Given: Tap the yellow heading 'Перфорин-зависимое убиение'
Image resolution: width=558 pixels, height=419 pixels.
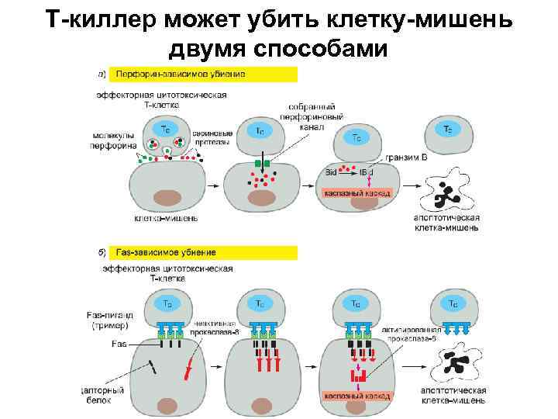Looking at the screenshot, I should [180, 74].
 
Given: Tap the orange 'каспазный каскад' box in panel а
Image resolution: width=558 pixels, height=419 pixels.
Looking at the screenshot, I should [357, 192].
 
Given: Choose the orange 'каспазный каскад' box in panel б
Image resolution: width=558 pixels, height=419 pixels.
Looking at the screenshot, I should [357, 395].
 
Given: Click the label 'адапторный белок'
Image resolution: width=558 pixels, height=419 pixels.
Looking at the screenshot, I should [102, 396].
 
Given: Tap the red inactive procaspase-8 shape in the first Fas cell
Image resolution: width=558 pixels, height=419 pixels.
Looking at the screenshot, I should [188, 370].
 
